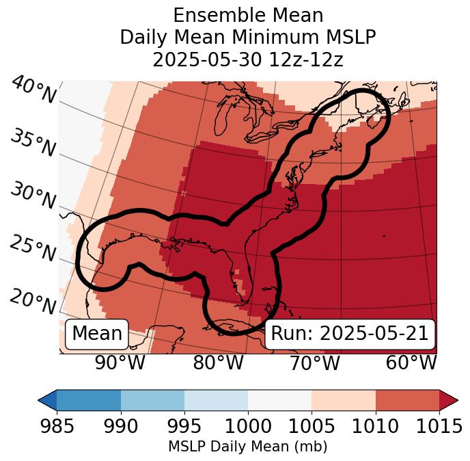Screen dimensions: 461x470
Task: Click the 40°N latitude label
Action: coord(34,90)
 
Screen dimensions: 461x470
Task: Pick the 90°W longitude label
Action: coord(120,363)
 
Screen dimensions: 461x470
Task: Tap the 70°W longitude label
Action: coord(314,363)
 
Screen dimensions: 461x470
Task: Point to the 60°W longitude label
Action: coord(411,363)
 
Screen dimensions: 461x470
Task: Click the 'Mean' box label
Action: coord(97,334)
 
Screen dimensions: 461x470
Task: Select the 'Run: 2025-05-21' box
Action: coord(350,334)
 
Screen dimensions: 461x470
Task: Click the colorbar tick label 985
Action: coord(57,427)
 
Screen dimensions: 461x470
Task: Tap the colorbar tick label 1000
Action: coord(248,427)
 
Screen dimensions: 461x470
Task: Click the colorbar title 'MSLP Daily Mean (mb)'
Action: coord(247,447)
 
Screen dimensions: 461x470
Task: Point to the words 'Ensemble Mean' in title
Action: coord(248,15)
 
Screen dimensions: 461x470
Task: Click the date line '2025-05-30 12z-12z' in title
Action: coord(248,60)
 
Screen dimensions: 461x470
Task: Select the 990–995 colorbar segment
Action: coord(152,400)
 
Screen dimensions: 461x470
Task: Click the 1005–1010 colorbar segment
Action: coord(344,400)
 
